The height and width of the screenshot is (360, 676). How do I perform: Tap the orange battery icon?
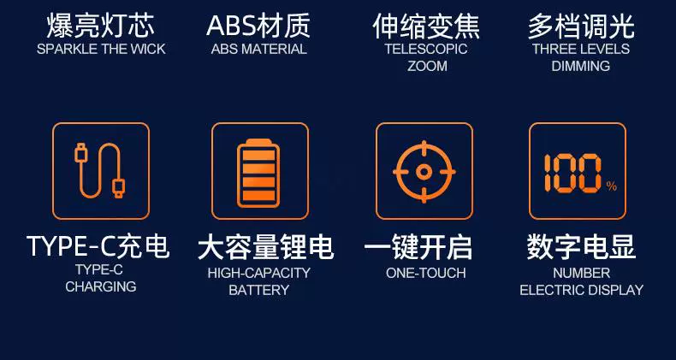pyautogui.click(x=258, y=172)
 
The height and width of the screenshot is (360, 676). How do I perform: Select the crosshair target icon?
pyautogui.click(x=424, y=172)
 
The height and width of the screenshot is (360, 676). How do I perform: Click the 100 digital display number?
pyautogui.click(x=573, y=173)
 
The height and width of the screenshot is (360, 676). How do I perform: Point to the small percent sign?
pyautogui.click(x=611, y=186)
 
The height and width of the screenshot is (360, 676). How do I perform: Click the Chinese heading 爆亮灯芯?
pyautogui.click(x=100, y=27)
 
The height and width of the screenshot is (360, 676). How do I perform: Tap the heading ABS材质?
pyautogui.click(x=258, y=27)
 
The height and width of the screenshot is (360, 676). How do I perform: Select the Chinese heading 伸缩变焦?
pyautogui.click(x=426, y=27)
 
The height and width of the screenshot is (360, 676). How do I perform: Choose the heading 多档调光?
pyautogui.click(x=581, y=27)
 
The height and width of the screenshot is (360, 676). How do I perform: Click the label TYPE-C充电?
pyautogui.click(x=98, y=246)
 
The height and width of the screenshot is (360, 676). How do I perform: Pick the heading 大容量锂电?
pyautogui.click(x=265, y=247)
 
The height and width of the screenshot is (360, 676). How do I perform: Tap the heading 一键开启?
pyautogui.click(x=418, y=247)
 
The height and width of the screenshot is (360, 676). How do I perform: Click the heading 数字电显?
pyautogui.click(x=581, y=247)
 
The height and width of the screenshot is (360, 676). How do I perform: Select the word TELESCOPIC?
pyautogui.click(x=426, y=49)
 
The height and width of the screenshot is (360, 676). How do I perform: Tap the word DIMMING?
pyautogui.click(x=581, y=67)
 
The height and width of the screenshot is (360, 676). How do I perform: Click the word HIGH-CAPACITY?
pyautogui.click(x=259, y=273)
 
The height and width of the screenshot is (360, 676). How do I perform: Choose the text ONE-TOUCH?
pyautogui.click(x=426, y=273)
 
